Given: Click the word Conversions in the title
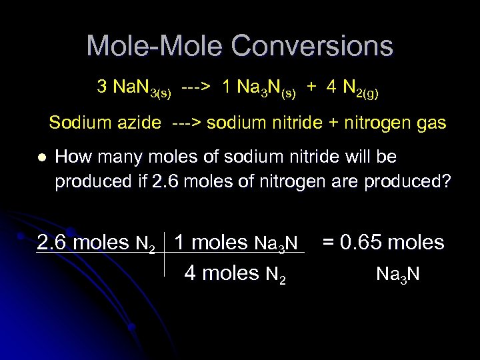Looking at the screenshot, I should pyautogui.click(x=313, y=46).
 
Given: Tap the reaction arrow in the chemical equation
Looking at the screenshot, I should pyautogui.click(x=196, y=87).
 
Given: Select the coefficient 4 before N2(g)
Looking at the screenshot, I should pyautogui.click(x=331, y=87).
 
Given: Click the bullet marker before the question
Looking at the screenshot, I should pyautogui.click(x=41, y=158).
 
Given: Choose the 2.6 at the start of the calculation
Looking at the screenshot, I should pyautogui.click(x=53, y=242).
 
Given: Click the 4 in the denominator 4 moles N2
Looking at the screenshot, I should pyautogui.click(x=190, y=273).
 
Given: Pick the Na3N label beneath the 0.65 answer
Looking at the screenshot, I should pyautogui.click(x=398, y=274).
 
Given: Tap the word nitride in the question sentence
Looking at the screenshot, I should pyautogui.click(x=325, y=157).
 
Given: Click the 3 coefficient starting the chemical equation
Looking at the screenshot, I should pyautogui.click(x=102, y=87).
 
